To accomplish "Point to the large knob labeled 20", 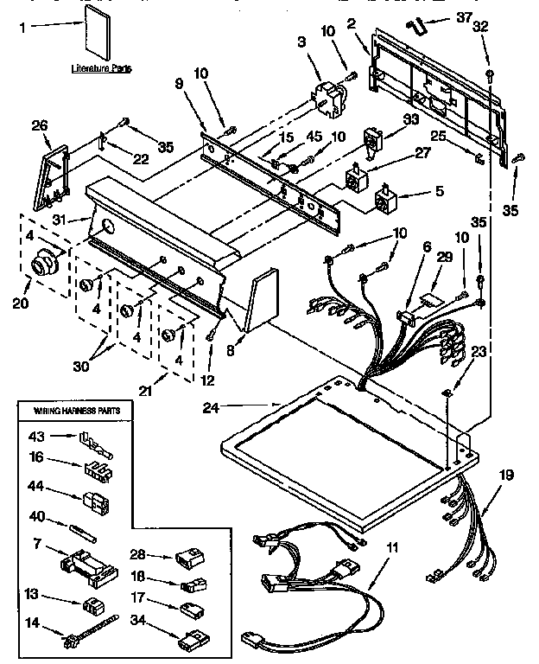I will click(44, 262).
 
